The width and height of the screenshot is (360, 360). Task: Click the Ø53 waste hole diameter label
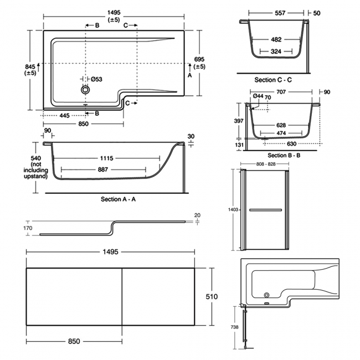(96, 79)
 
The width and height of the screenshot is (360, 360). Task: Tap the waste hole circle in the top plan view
(85, 89)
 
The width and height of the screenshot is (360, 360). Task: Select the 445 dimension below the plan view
(65, 115)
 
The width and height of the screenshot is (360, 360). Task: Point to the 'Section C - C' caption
(273, 80)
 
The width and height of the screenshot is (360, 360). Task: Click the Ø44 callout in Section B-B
(258, 96)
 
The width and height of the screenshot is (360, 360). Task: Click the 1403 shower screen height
(232, 209)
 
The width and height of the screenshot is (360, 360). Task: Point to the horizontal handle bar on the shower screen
(265, 210)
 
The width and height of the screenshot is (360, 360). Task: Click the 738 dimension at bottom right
(234, 327)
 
